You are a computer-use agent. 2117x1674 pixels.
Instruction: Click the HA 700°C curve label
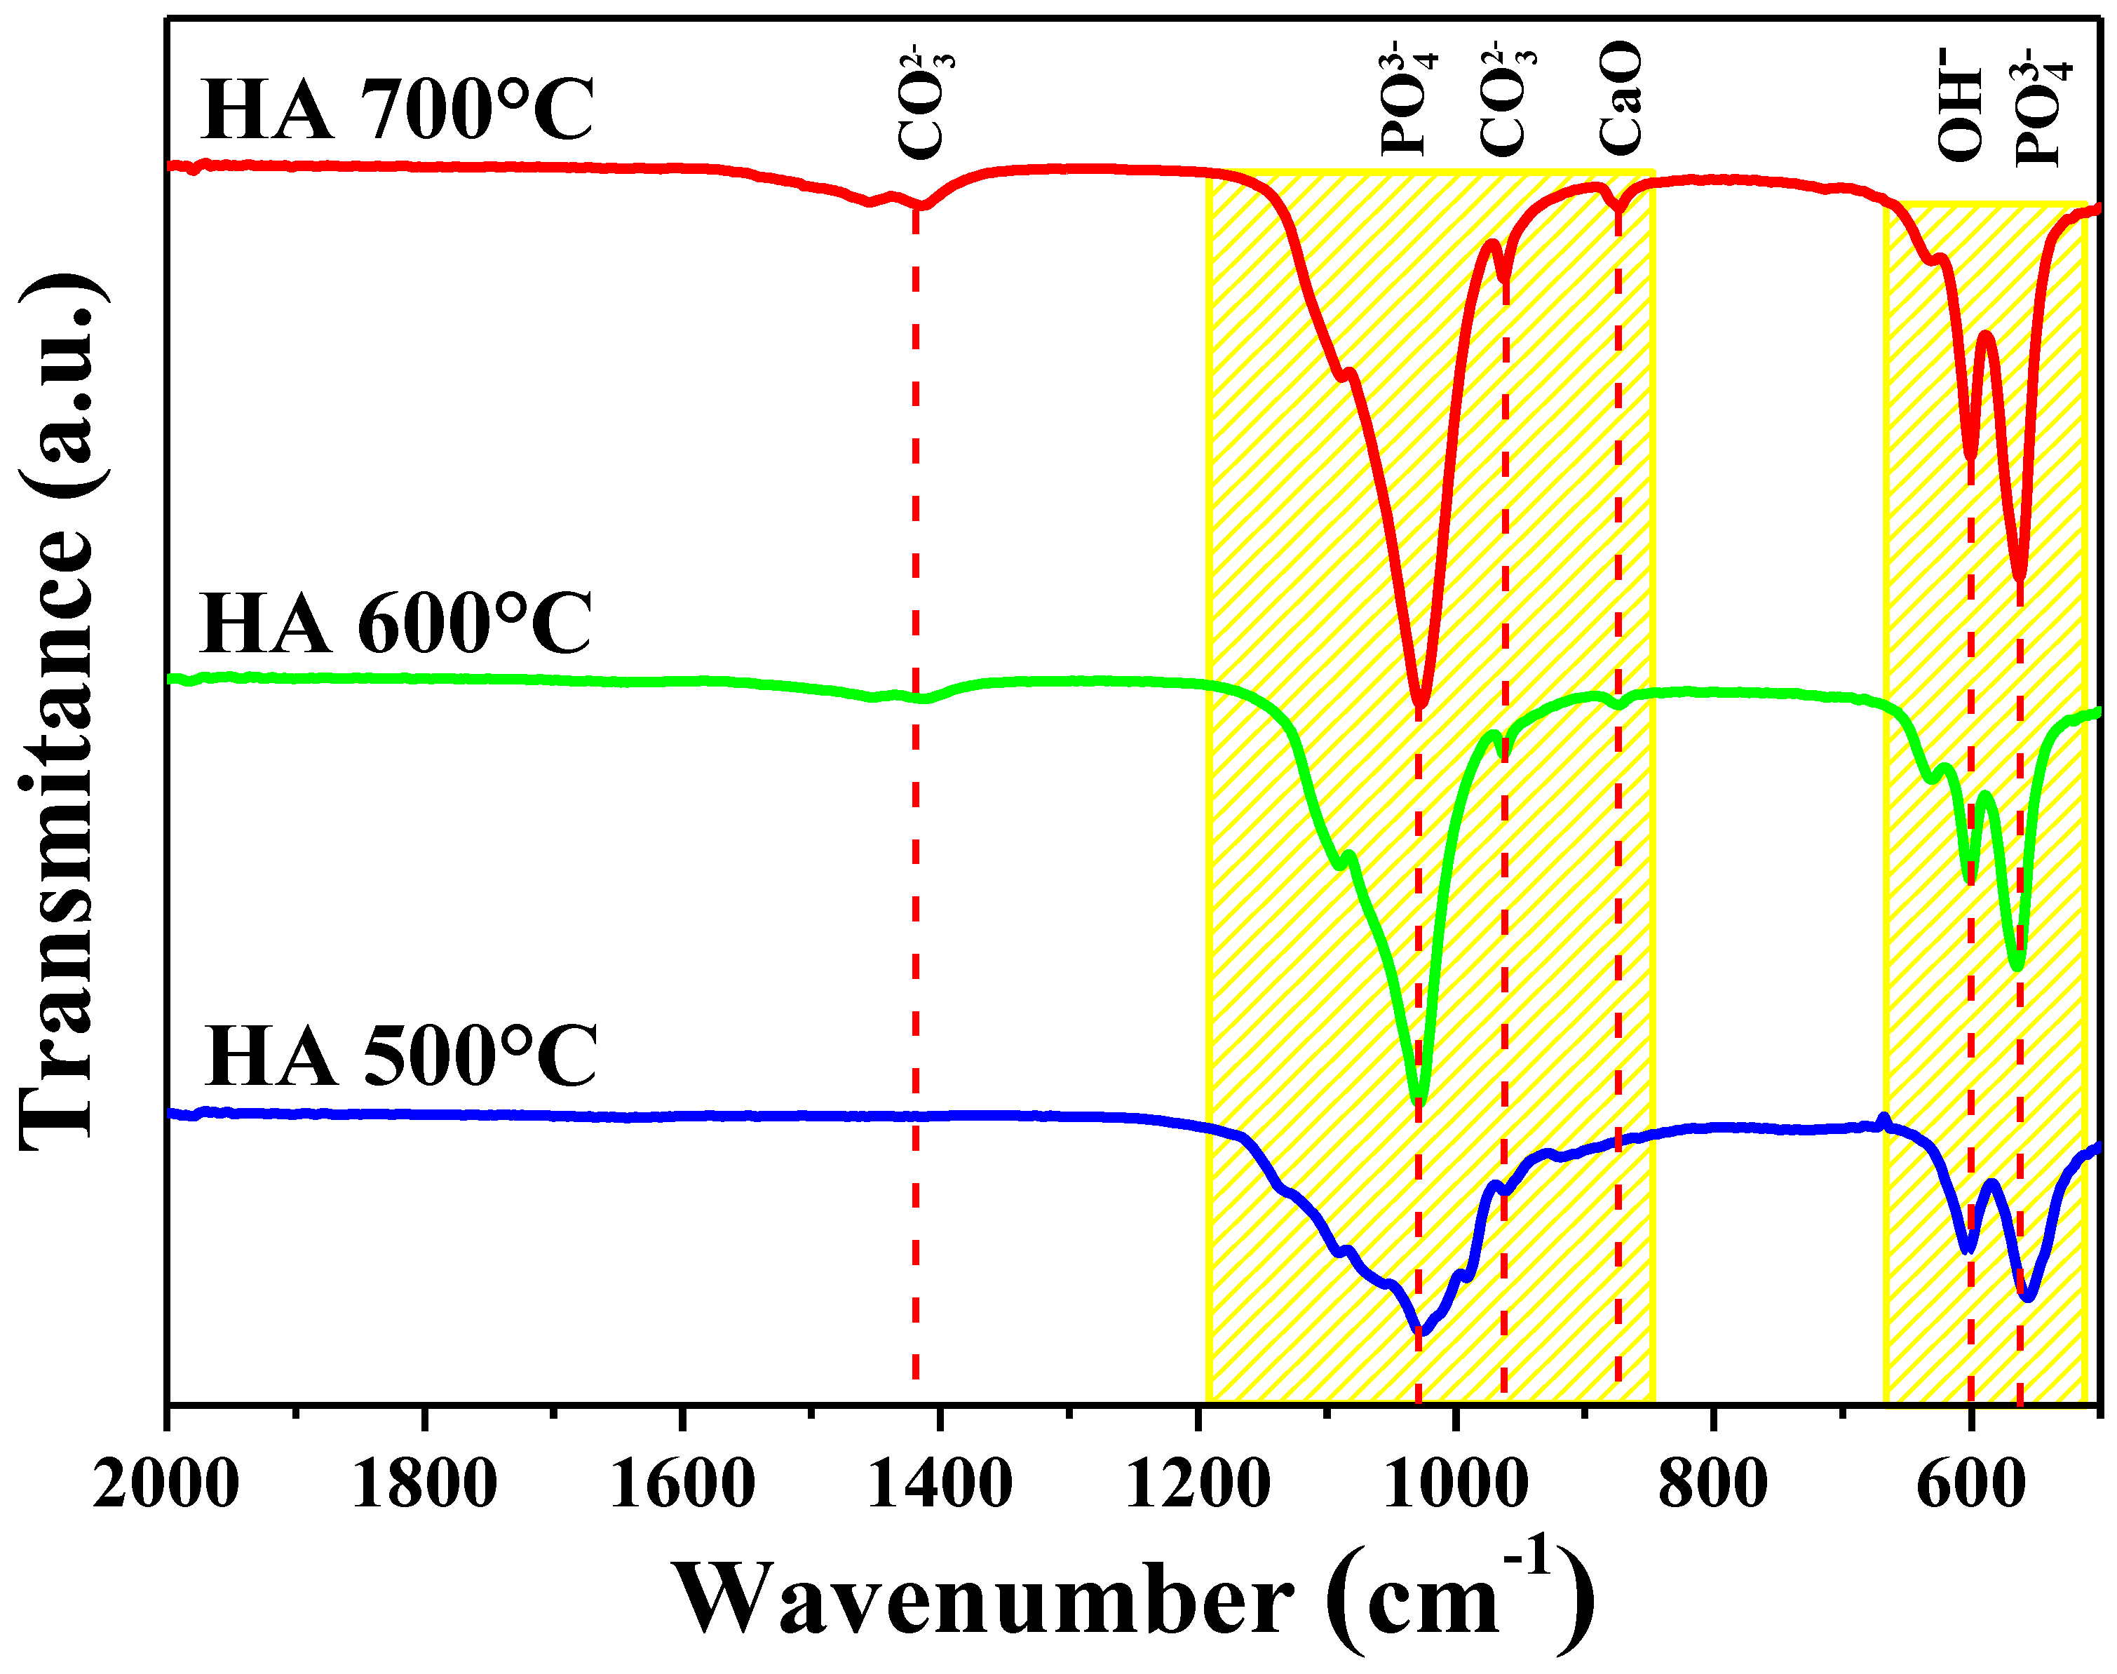397,110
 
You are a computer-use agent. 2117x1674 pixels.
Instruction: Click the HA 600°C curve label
396,623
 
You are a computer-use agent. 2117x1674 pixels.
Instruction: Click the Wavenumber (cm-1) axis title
1132,1598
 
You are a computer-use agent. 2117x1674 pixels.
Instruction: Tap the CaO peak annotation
1619,98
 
